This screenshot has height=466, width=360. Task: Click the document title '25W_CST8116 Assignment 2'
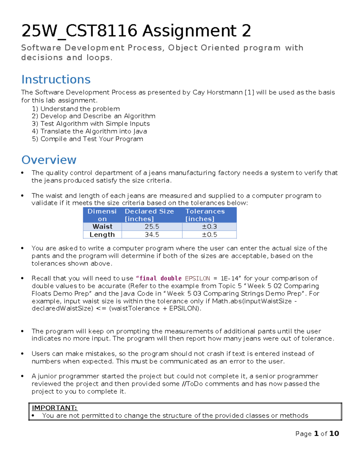(136, 31)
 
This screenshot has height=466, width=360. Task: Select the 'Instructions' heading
(56, 80)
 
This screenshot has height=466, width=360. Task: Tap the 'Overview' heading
(49, 160)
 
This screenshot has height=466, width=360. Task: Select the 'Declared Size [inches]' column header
(149, 215)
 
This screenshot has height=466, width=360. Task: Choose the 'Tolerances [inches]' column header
(205, 215)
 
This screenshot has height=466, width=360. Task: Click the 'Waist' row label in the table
(102, 227)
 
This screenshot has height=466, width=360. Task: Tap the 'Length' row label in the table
(102, 235)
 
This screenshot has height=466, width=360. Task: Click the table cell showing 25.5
(152, 227)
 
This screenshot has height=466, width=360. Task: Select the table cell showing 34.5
(152, 235)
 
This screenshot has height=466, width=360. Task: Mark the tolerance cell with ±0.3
(209, 227)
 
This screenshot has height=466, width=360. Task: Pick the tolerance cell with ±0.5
(209, 235)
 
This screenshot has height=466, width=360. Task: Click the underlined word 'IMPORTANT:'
(55, 408)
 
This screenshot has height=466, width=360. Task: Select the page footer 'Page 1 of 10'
(317, 434)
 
